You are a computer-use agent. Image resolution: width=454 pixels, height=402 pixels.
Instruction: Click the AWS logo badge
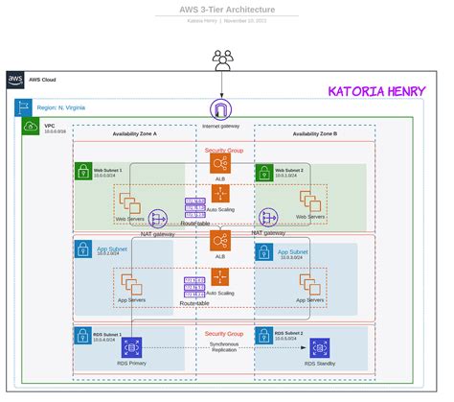[16, 80]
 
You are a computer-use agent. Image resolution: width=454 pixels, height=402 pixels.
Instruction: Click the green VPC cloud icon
[31, 126]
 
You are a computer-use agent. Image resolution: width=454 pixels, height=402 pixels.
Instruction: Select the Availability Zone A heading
[127, 133]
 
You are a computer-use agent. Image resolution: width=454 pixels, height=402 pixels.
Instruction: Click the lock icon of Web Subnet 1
[83, 172]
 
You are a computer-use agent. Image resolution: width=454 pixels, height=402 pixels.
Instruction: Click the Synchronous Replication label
[224, 346]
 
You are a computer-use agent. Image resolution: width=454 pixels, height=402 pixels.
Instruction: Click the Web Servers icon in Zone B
[311, 201]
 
